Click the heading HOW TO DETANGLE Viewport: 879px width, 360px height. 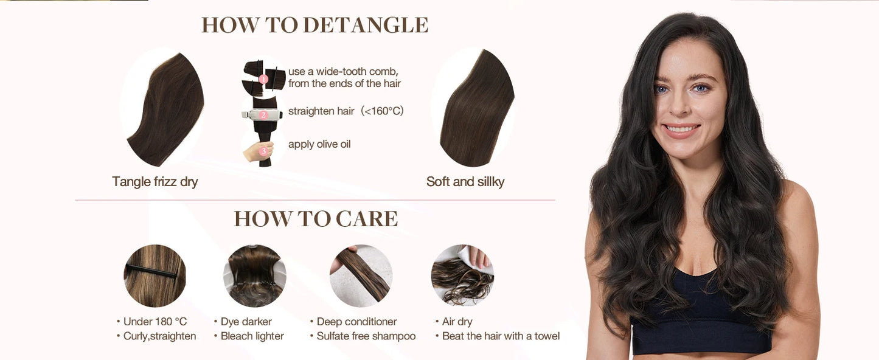pyautogui.click(x=314, y=25)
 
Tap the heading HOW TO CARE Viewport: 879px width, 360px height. pyautogui.click(x=316, y=219)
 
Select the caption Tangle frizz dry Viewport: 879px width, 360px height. pyautogui.click(x=155, y=181)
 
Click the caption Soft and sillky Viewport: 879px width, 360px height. pyautogui.click(x=465, y=181)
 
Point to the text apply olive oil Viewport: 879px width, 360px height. pyautogui.click(x=319, y=144)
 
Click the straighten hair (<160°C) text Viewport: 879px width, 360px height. pyautogui.click(x=346, y=111)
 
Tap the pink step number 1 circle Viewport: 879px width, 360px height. pyautogui.click(x=263, y=78)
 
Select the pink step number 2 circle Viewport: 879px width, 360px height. pyautogui.click(x=263, y=114)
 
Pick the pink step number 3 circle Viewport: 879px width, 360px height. pyautogui.click(x=263, y=150)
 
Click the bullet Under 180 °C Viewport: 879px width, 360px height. pyautogui.click(x=155, y=322)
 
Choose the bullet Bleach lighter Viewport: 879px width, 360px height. pyautogui.click(x=252, y=336)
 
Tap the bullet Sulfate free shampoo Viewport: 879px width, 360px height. pyautogui.click(x=366, y=336)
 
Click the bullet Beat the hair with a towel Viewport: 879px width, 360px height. pyautogui.click(x=500, y=336)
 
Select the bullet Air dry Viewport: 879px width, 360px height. pyautogui.click(x=457, y=322)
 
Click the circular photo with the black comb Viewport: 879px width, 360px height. pyautogui.click(x=155, y=275)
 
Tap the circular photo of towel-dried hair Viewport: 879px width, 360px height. pyautogui.click(x=462, y=275)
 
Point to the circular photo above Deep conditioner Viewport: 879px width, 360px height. pyautogui.click(x=361, y=275)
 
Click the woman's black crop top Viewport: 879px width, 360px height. pyautogui.click(x=700, y=316)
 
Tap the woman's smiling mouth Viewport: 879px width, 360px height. pyautogui.click(x=682, y=129)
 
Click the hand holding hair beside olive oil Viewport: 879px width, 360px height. pyautogui.click(x=257, y=151)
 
